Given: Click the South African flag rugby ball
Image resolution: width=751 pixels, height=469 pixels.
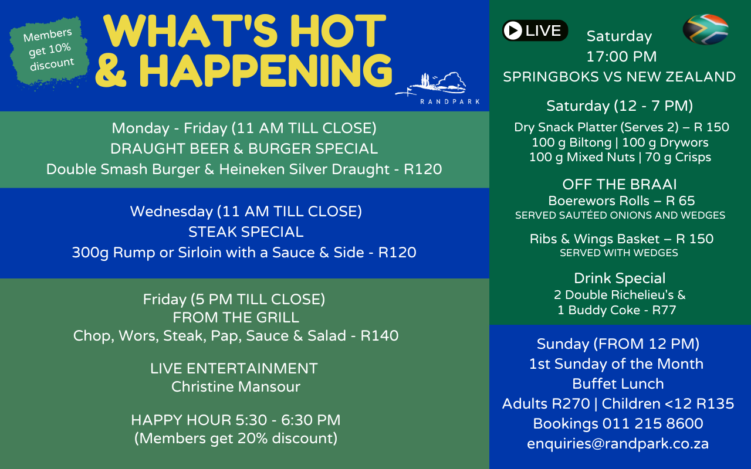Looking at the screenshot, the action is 705,29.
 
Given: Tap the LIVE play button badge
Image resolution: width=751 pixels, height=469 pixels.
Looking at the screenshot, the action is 535,30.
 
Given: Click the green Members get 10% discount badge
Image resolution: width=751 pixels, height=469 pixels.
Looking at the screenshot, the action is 49,50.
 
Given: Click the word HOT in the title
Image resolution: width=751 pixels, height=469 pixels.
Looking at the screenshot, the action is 338,31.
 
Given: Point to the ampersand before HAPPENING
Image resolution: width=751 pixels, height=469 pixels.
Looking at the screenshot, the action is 111,71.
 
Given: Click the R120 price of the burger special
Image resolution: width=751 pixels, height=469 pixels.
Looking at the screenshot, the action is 423,169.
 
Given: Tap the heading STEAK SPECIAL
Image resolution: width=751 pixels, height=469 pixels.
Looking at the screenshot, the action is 246,232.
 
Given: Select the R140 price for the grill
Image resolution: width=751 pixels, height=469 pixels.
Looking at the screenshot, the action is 380,335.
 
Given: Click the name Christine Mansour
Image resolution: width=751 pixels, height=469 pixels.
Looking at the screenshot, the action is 236,386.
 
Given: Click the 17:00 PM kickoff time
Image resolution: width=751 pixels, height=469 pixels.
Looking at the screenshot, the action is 621,57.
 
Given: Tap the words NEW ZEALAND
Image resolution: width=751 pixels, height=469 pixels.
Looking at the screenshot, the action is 681,77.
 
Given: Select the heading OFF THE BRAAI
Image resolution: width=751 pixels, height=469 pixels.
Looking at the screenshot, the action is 620,184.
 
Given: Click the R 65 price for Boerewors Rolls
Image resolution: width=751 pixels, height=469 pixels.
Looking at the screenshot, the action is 680,200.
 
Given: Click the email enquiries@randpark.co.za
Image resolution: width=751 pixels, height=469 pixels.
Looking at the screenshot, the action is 618,444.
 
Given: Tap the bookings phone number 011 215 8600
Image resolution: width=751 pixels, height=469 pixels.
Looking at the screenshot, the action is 653,423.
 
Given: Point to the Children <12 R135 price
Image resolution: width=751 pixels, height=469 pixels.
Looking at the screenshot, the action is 668,404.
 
